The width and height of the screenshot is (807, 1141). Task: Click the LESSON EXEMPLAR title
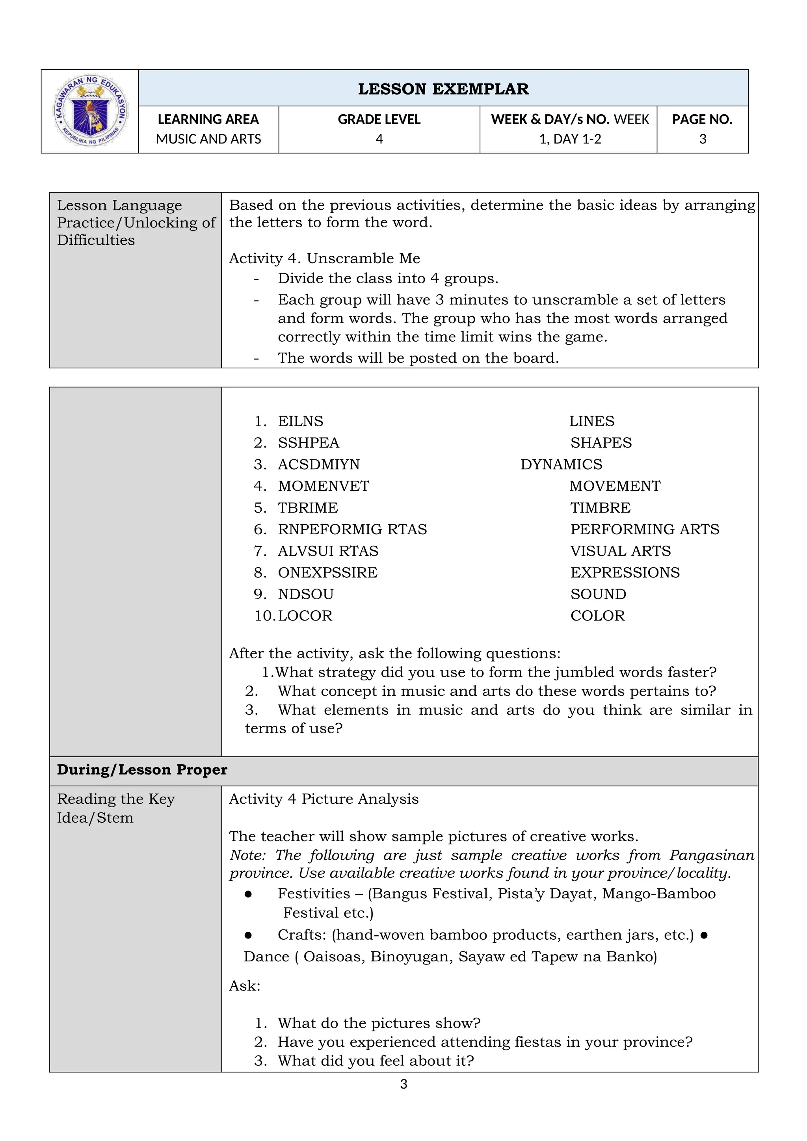click(443, 89)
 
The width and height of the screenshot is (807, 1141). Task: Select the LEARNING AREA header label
click(208, 119)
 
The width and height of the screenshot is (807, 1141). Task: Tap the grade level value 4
click(379, 139)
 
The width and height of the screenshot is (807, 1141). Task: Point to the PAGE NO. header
click(702, 119)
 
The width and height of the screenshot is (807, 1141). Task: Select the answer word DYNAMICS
click(561, 465)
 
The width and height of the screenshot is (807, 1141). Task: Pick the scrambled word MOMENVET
click(324, 486)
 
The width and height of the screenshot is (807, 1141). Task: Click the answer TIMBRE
click(600, 508)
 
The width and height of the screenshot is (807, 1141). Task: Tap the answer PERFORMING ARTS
click(645, 529)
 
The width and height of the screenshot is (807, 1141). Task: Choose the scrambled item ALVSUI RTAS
click(328, 551)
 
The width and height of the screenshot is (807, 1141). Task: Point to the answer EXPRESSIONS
click(625, 572)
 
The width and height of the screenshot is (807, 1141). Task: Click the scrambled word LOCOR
click(305, 616)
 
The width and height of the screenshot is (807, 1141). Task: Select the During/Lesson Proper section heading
click(142, 770)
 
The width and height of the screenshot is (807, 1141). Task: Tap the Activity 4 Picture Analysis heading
click(324, 799)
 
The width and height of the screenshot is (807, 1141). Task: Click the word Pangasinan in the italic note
click(712, 855)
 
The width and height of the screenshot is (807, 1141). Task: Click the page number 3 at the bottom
click(403, 1084)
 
